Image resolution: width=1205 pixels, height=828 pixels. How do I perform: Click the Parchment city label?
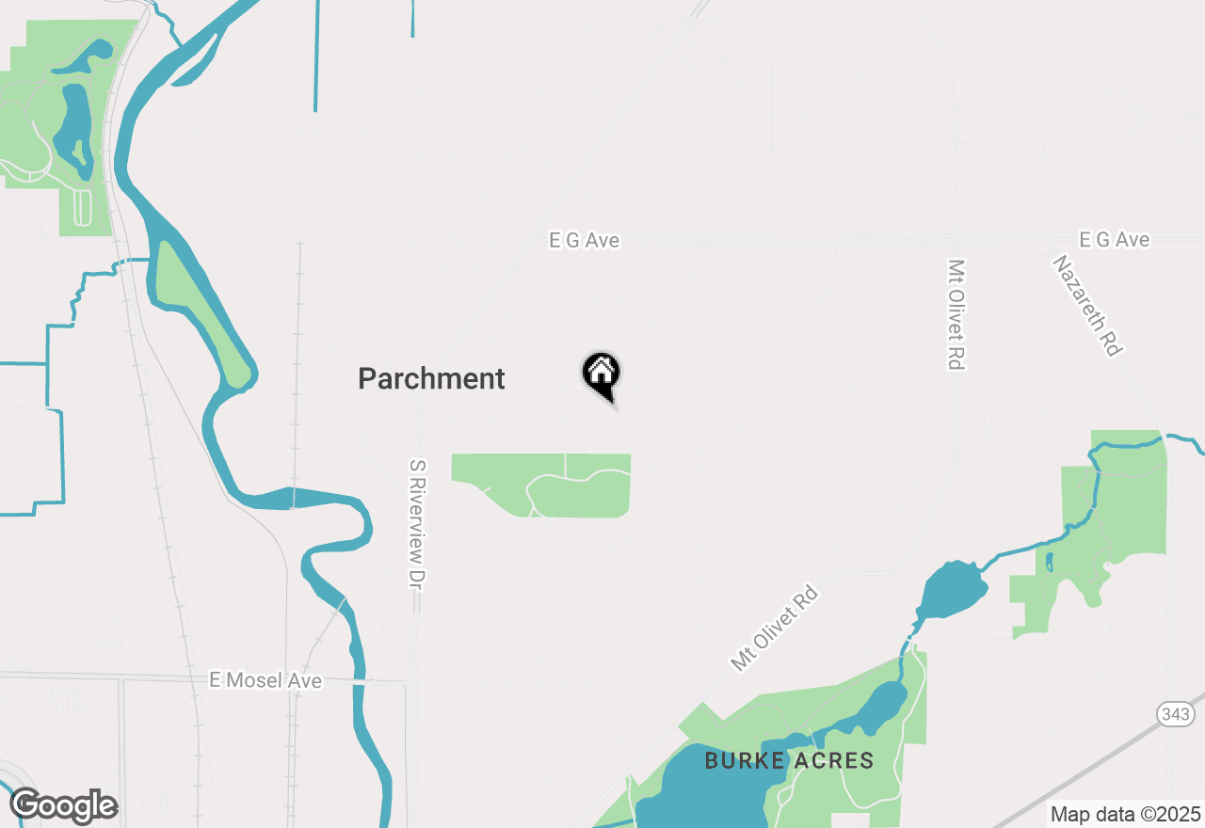click(431, 379)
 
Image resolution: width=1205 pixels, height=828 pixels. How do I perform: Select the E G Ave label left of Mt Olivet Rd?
click(585, 241)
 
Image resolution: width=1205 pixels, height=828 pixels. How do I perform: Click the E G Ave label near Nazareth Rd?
click(1115, 240)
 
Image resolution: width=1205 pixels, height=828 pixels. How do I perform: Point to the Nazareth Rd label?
click(1088, 306)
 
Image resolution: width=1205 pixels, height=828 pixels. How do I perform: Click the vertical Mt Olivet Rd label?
click(956, 314)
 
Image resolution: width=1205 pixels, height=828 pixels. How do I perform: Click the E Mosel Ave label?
click(265, 680)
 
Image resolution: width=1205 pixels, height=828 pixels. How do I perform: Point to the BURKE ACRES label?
click(789, 761)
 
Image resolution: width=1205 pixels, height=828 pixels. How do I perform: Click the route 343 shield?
click(1176, 715)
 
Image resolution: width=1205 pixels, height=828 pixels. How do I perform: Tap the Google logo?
click(63, 805)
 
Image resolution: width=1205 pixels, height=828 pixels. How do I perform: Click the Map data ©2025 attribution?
click(1125, 814)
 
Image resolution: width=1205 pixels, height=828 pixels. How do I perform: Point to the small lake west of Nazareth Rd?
click(953, 591)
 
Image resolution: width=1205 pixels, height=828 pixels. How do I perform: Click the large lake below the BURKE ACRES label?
click(706, 795)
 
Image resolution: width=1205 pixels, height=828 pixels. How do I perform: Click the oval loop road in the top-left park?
click(82, 208)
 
